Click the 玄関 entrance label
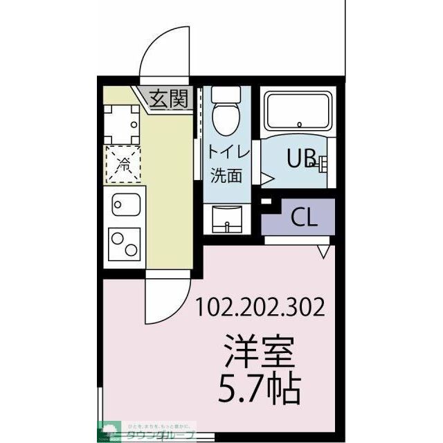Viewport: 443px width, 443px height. pyautogui.click(x=170, y=99)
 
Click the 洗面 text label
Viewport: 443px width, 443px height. pyautogui.click(x=226, y=174)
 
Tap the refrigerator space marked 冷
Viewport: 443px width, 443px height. pyautogui.click(x=123, y=165)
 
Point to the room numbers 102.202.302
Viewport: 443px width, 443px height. pyautogui.click(x=260, y=307)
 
